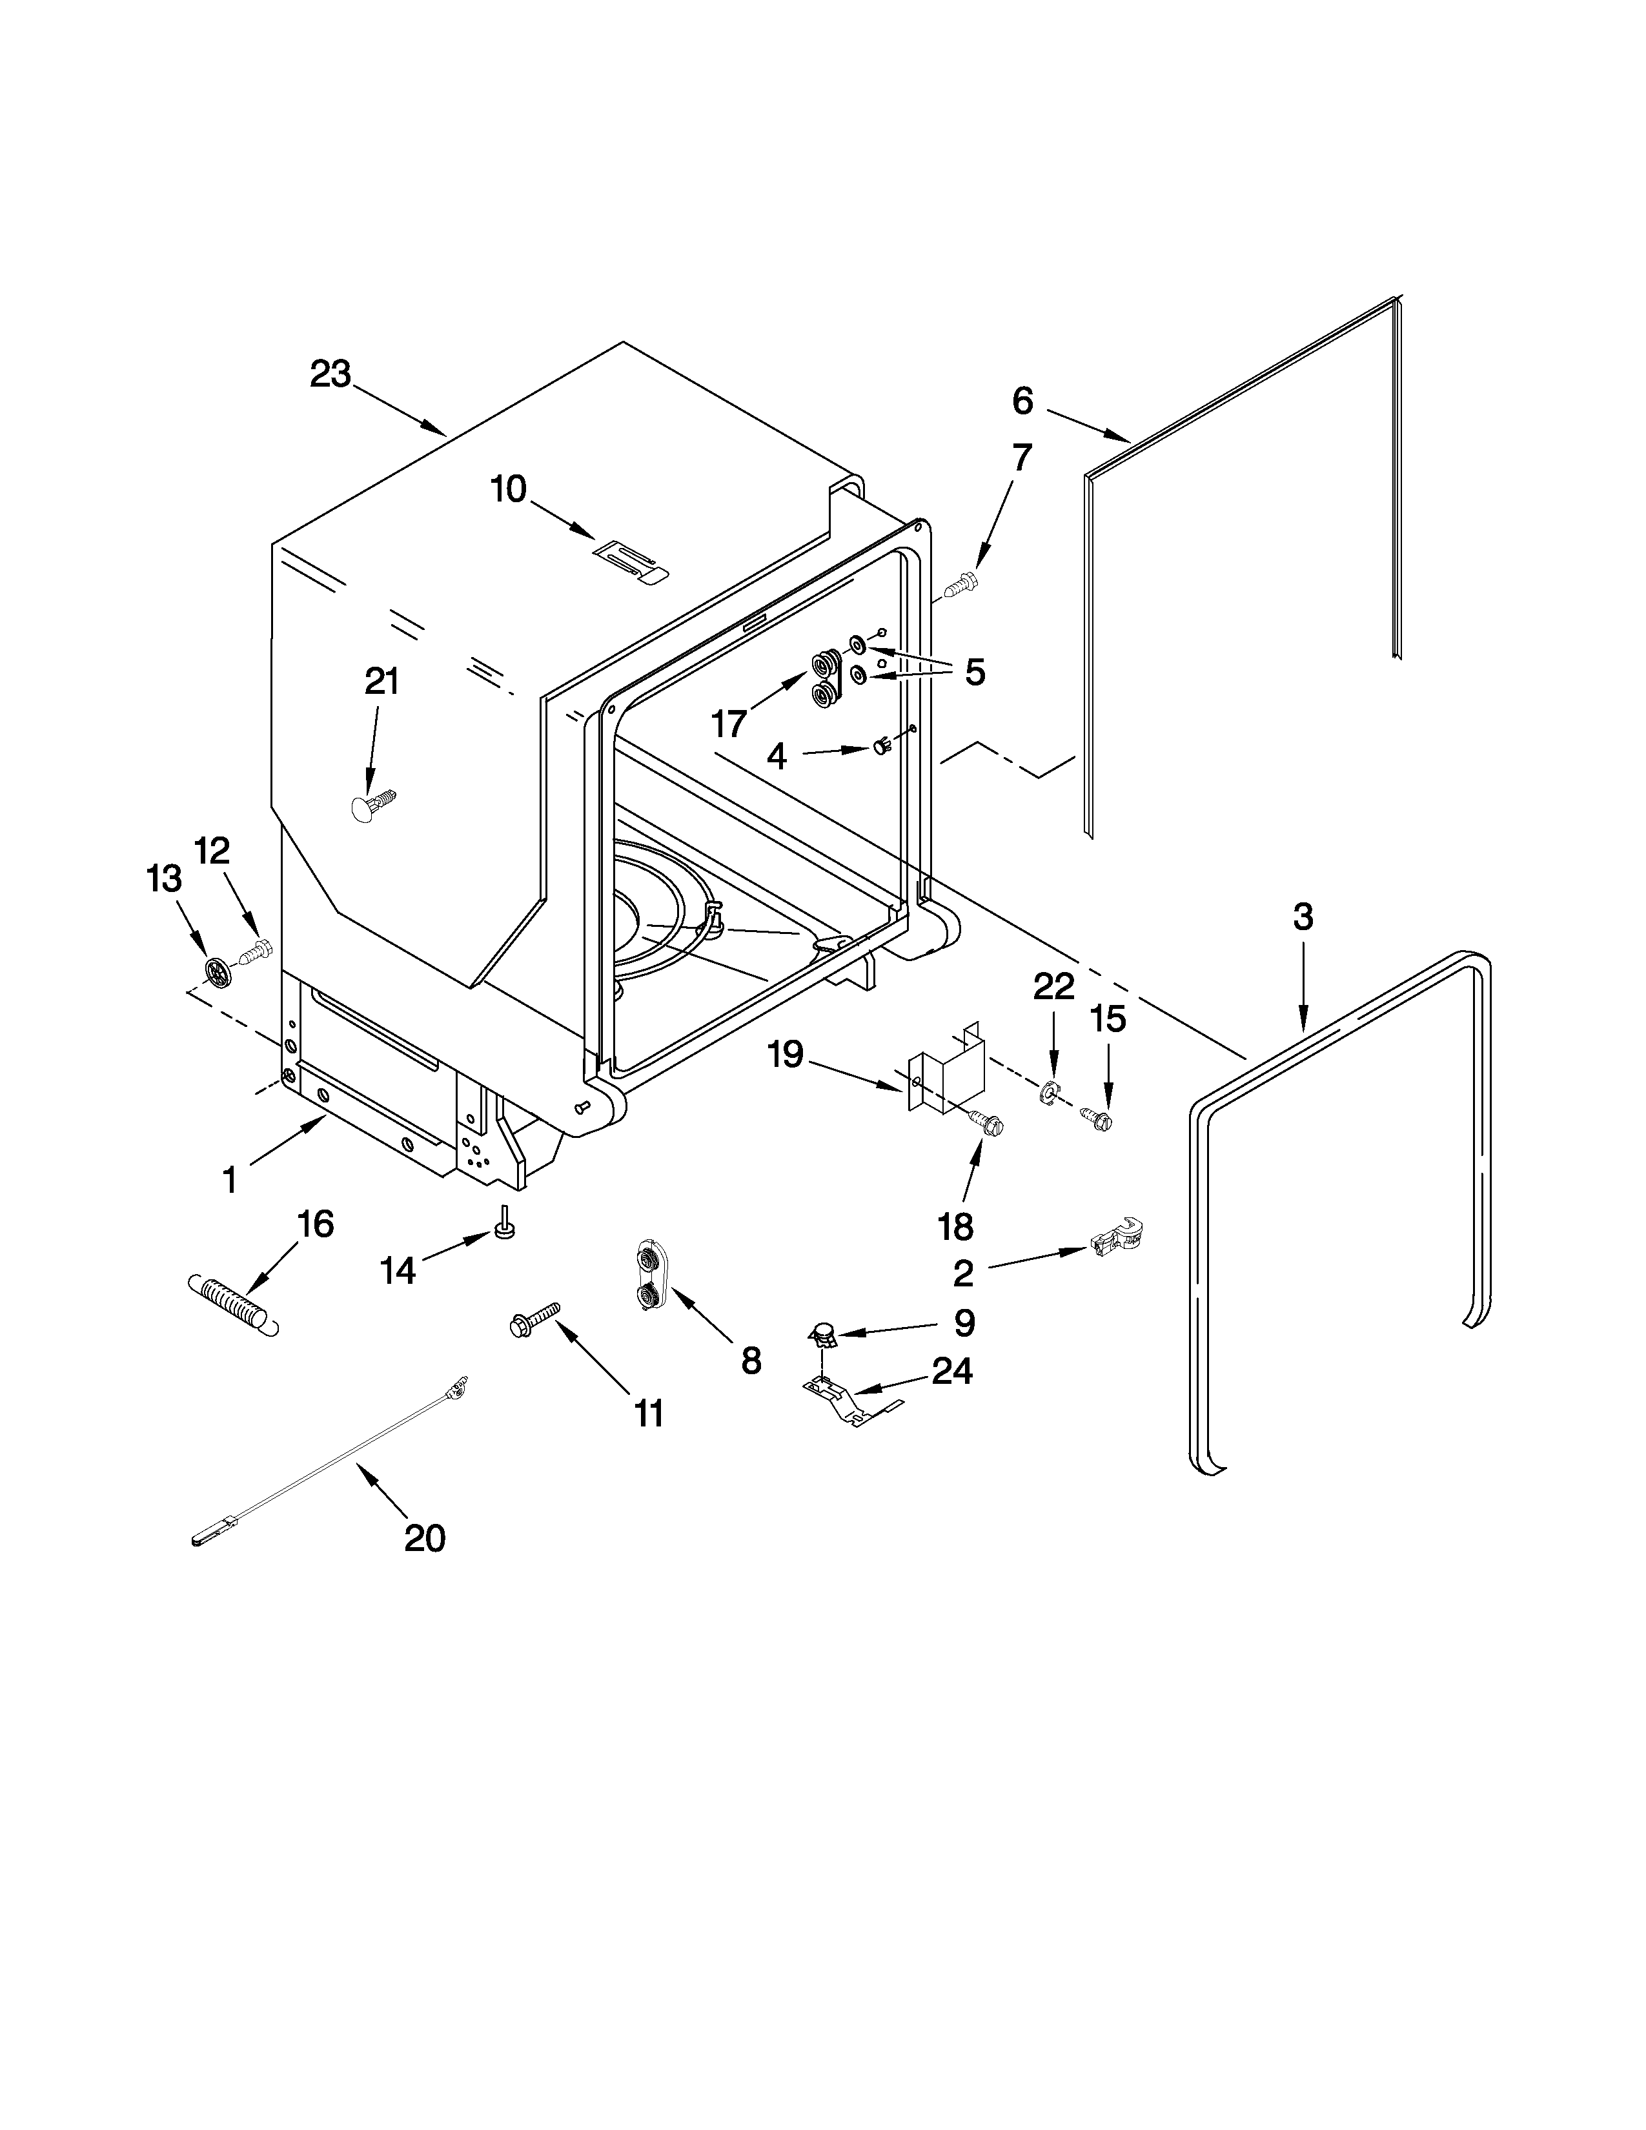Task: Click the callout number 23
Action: (x=330, y=374)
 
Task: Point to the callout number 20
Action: (x=424, y=1538)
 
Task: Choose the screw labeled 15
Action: (x=1097, y=1118)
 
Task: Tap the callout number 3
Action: (x=1303, y=917)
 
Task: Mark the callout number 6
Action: (x=1022, y=400)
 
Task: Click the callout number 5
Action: (x=974, y=672)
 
